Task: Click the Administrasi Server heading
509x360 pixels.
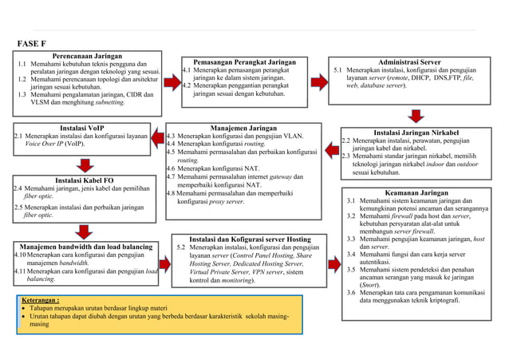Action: (408, 61)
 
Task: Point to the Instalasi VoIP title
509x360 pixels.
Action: (81, 128)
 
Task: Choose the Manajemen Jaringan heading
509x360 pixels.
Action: (243, 128)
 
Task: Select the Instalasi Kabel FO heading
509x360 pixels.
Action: (84, 180)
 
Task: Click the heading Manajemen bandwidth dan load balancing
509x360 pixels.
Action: (85, 247)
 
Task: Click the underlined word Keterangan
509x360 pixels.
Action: (41, 301)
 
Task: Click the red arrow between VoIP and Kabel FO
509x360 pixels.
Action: (82, 164)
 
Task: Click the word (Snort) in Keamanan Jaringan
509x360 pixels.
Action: (369, 283)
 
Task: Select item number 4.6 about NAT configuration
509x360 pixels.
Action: (172, 168)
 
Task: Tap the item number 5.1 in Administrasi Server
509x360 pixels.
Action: (338, 70)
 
